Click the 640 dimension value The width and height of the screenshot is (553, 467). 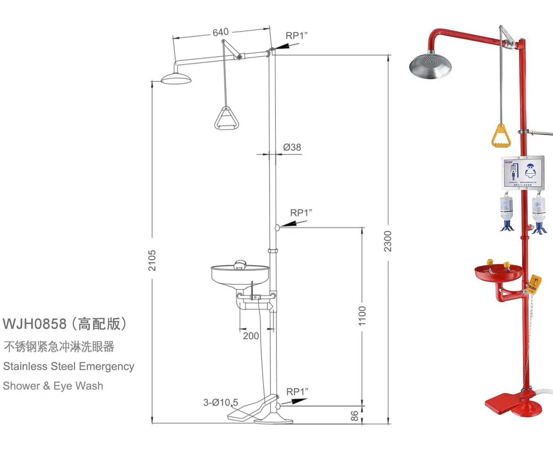221,32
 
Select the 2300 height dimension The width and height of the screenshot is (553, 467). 388,241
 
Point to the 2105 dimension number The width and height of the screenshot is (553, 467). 152,260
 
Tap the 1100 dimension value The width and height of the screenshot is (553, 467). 362,316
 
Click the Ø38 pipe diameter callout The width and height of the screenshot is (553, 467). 292,147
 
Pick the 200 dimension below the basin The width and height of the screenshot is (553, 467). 251,336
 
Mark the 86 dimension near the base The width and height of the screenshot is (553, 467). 354,416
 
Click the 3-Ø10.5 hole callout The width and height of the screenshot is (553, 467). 221,403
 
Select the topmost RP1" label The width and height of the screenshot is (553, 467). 297,36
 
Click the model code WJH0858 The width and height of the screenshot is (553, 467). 35,324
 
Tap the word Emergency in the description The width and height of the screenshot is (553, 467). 107,366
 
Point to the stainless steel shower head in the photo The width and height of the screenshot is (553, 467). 430,67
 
